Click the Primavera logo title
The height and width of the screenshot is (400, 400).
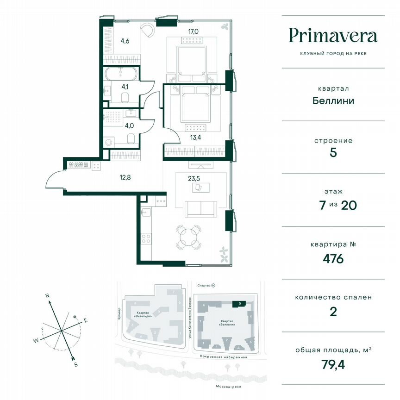[333, 36]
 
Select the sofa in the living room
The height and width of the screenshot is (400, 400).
[200, 209]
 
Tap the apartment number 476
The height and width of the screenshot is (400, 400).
[333, 258]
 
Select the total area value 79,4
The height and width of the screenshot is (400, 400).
[333, 364]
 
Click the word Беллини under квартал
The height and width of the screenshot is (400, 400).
[333, 100]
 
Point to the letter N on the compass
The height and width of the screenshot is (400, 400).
[47, 295]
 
